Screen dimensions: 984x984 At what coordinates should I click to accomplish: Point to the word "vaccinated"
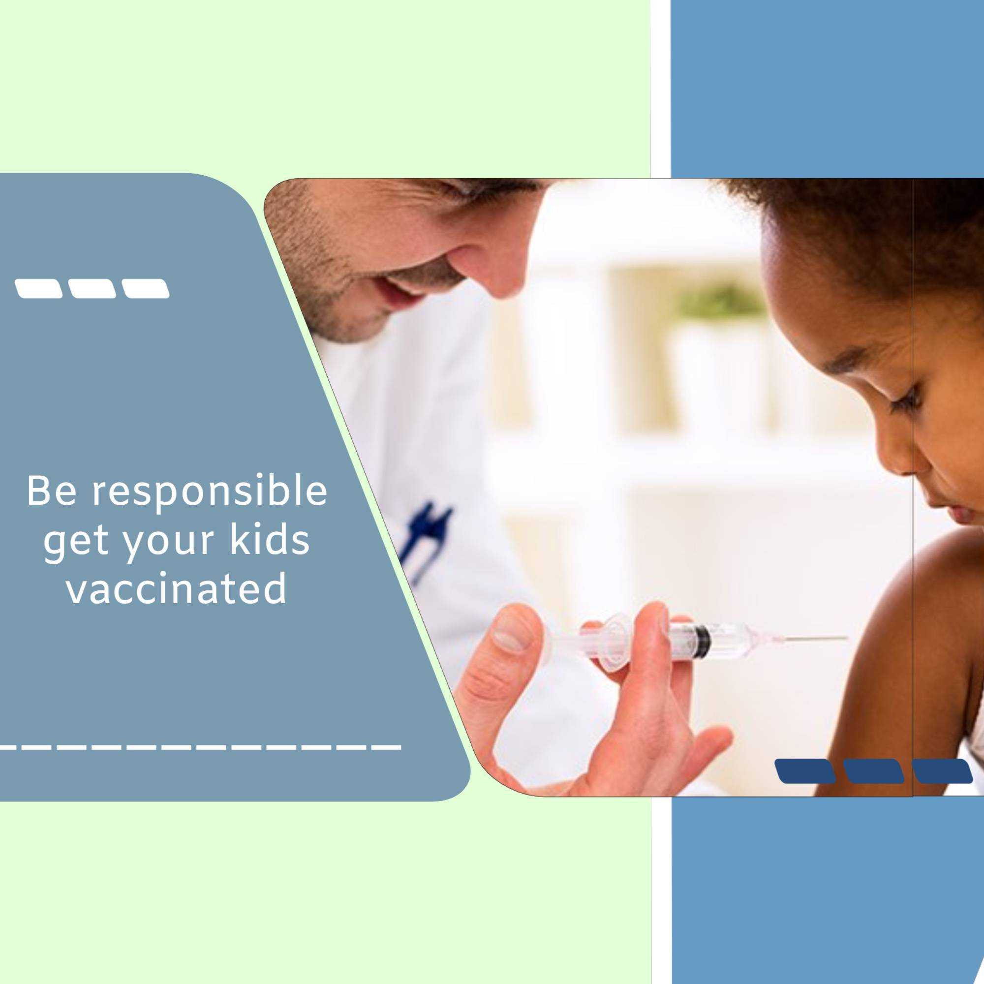[177, 588]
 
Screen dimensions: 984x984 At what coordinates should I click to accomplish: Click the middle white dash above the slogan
[92, 288]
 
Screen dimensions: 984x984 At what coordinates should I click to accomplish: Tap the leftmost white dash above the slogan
[39, 288]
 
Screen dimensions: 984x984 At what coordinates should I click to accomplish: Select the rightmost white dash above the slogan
[146, 288]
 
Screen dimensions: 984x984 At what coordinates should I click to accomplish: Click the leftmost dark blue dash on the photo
[805, 770]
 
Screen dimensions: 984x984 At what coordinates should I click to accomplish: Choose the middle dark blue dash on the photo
[873, 770]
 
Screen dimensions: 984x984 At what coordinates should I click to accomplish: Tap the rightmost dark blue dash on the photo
[942, 770]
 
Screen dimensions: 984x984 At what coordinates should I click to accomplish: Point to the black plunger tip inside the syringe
[703, 640]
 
